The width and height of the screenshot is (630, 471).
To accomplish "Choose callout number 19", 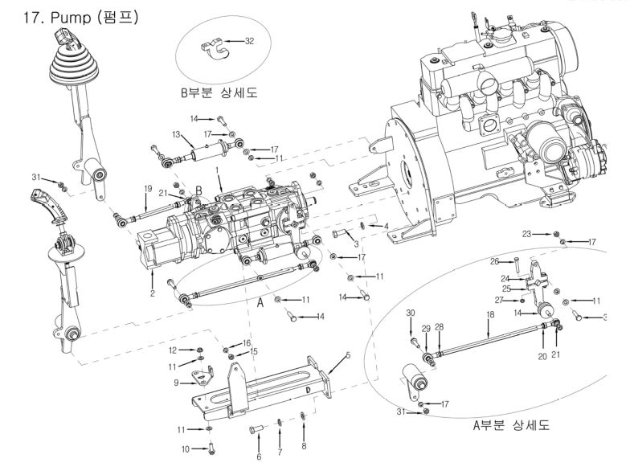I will click(x=147, y=188).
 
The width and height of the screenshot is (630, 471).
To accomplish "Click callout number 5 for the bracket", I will click(x=348, y=354).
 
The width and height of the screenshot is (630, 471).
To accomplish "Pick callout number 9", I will click(x=178, y=383).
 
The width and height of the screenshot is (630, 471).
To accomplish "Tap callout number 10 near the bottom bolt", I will click(x=185, y=448).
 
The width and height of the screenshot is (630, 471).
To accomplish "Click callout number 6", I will click(x=259, y=457).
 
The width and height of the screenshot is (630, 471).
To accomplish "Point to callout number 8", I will click(x=303, y=446).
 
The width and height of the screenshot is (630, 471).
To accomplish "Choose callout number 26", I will click(x=496, y=261).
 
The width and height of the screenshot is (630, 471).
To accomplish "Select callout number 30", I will click(x=410, y=313).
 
